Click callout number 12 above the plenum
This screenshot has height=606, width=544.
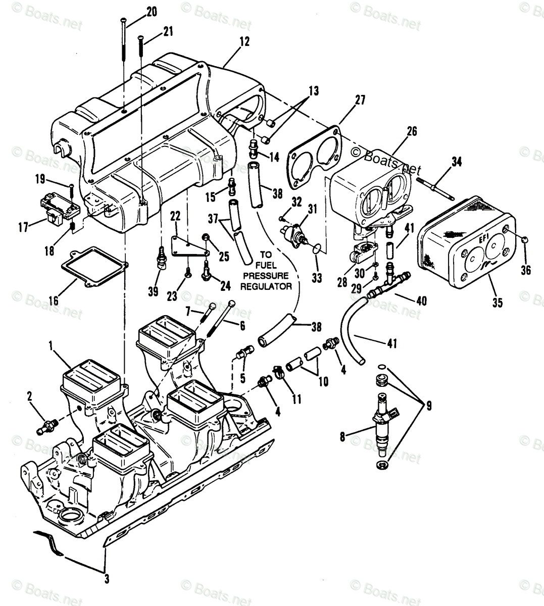[x=244, y=43]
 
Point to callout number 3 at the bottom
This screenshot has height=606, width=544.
[x=106, y=579]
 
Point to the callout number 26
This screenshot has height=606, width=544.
[x=412, y=132]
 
